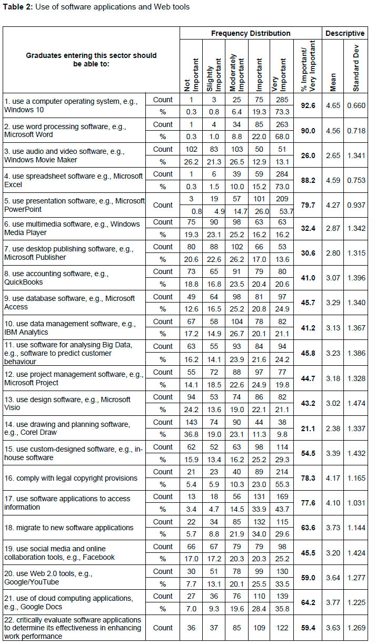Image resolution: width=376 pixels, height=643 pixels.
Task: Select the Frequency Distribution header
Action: tap(251, 33)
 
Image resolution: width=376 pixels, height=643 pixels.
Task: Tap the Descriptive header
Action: tap(345, 33)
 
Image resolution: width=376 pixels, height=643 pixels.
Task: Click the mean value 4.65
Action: tap(333, 106)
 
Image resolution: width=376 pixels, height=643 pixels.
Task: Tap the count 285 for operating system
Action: tap(281, 100)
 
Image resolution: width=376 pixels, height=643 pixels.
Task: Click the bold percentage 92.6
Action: tap(308, 106)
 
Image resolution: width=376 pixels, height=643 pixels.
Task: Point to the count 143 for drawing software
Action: tap(191, 422)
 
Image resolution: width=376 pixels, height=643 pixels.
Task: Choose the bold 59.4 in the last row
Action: tap(308, 628)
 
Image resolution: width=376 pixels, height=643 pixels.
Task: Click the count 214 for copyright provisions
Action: tap(281, 472)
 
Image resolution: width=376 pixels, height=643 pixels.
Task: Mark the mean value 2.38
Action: tap(333, 428)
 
